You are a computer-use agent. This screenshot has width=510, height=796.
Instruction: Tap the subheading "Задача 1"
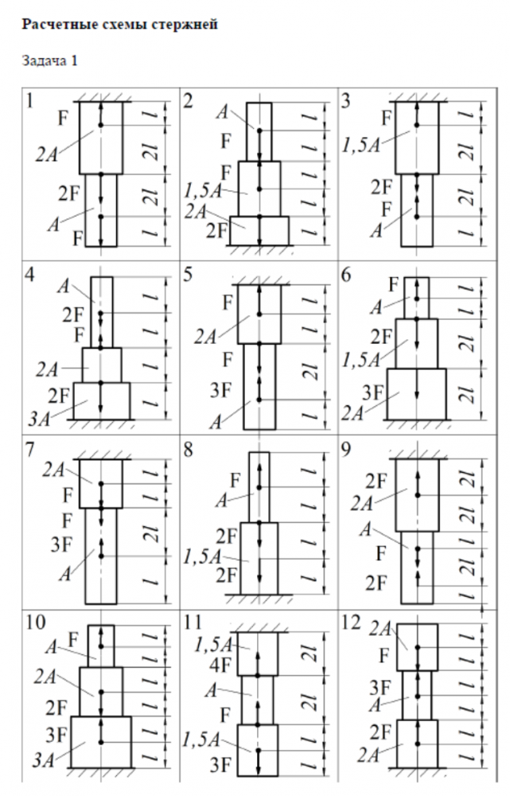coord(49,60)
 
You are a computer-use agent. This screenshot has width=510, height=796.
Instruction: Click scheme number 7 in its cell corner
coord(29,450)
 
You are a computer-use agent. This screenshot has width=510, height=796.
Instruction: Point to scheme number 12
coord(355,625)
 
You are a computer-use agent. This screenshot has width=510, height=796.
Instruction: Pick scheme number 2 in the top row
coord(188,100)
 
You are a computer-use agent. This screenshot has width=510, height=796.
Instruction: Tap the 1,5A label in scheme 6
coord(361,360)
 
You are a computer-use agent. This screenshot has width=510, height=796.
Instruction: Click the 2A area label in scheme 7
coord(54,470)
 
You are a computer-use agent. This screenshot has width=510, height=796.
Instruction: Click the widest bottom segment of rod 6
coord(416,394)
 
